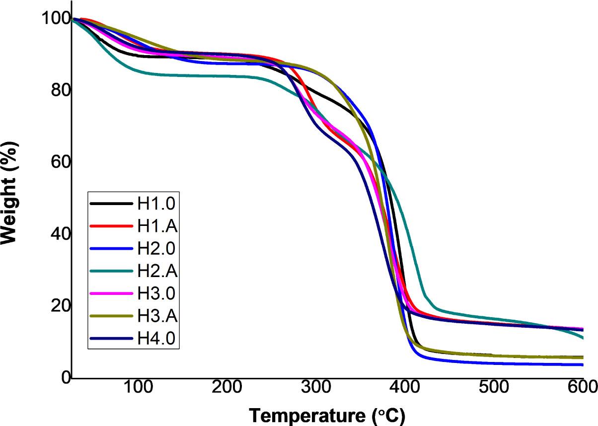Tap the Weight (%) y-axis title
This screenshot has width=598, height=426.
coord(11,191)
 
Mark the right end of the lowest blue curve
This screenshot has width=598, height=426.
coord(582,365)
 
